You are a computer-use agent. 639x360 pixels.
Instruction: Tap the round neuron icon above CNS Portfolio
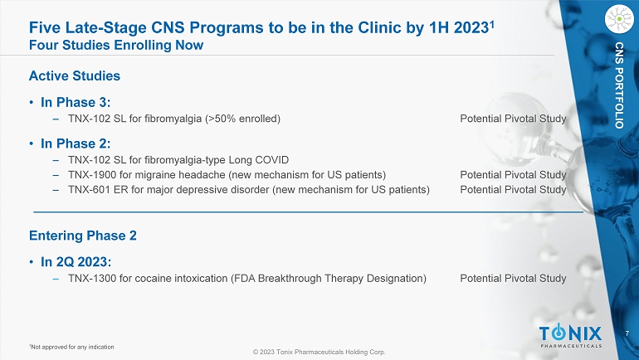point(619,19)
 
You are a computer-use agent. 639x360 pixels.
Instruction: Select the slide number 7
point(627,333)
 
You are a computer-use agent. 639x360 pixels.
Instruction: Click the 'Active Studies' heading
point(75,75)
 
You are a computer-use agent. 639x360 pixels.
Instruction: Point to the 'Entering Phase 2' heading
point(83,236)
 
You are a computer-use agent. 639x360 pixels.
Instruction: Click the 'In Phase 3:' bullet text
point(76,102)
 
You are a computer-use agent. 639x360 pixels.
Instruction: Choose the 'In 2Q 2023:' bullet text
point(76,262)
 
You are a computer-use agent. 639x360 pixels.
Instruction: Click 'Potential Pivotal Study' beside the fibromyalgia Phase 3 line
point(513,119)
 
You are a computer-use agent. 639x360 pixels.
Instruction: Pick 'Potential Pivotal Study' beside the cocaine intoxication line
point(513,278)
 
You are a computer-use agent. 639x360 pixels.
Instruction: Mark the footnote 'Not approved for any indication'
point(71,347)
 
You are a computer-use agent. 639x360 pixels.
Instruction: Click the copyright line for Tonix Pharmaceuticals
point(319,352)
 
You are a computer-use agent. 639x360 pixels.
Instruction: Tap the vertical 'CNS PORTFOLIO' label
point(619,85)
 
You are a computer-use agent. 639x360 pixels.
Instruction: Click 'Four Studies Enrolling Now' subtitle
point(116,45)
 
